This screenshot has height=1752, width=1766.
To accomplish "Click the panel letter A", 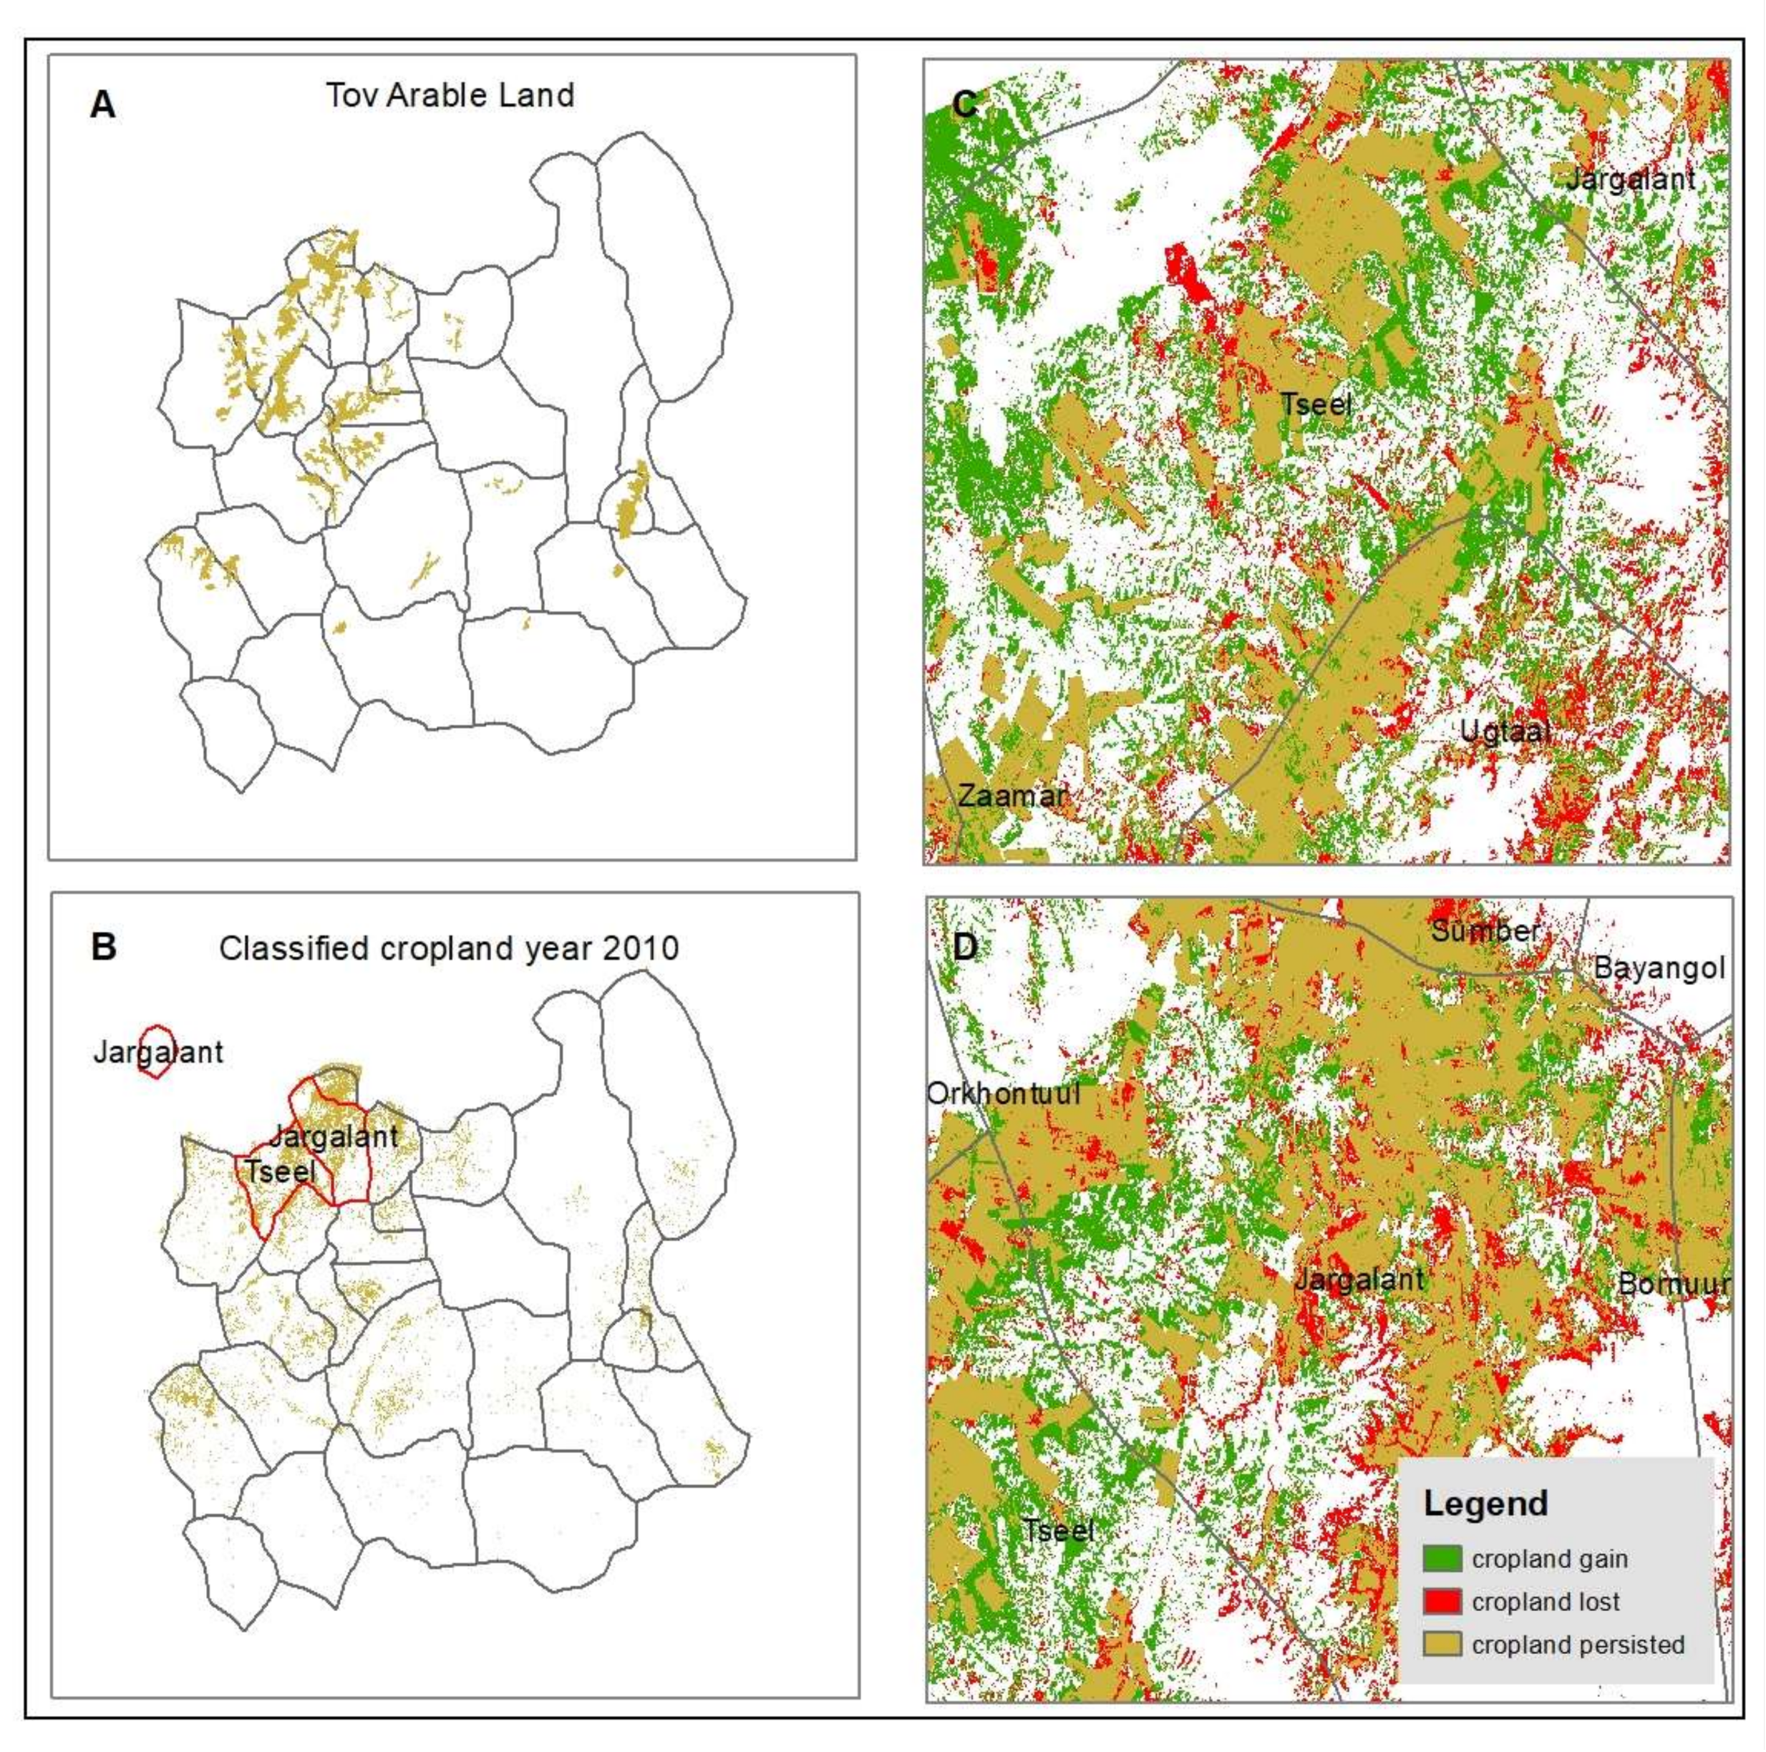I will (102, 105).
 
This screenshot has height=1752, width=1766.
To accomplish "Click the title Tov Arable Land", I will (450, 95).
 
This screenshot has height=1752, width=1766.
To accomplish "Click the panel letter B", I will (103, 946).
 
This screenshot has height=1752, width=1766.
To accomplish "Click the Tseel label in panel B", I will (281, 1171).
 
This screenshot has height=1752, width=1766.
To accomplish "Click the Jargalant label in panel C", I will (1631, 178).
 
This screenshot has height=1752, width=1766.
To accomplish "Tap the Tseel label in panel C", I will (1315, 404).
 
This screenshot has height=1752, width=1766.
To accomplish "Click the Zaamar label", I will (1012, 795).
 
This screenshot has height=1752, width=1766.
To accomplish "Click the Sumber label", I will (1485, 931).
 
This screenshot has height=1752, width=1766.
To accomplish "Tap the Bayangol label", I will (1659, 968).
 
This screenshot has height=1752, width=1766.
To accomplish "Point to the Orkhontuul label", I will (1004, 1093).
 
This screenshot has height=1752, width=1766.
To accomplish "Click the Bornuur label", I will (1674, 1283).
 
